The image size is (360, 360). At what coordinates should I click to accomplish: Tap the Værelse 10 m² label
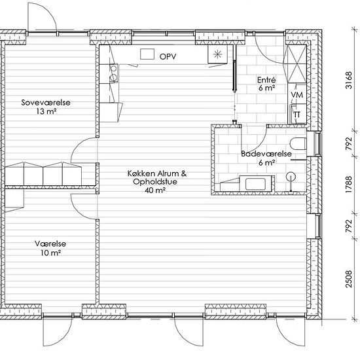coord(50,248)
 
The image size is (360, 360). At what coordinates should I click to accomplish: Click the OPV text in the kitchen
coord(168,56)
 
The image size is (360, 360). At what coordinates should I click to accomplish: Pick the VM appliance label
coord(297,95)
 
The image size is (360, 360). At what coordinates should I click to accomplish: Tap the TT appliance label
coord(297,115)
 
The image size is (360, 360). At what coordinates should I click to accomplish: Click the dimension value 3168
coord(349,80)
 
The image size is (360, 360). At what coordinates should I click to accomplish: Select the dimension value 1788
coord(349,185)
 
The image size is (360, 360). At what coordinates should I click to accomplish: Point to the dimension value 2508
coord(349,279)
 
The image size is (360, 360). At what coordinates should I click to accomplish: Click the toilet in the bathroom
coord(298,144)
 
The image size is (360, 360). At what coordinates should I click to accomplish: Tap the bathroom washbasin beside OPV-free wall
coord(257,183)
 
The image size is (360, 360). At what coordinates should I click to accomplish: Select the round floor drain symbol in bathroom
coord(291,177)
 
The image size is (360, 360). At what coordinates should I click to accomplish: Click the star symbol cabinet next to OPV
coord(217,54)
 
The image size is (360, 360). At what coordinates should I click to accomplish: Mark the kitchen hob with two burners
coord(114,73)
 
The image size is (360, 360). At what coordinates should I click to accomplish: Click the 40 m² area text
coord(155,190)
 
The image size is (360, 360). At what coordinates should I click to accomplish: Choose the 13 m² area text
coord(46,111)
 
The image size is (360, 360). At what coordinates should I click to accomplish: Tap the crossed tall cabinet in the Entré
coord(297,64)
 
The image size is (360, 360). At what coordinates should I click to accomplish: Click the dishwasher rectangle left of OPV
coord(147,54)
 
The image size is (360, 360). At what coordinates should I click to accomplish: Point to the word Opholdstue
coord(155,182)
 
